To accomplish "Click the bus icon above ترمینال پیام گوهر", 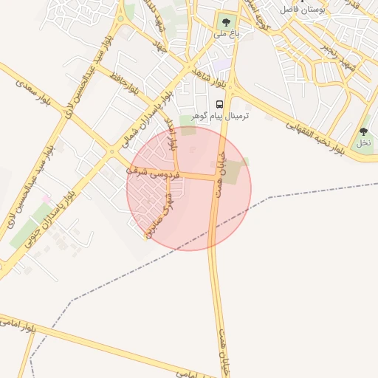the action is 219,104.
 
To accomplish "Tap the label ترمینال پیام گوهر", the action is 220,117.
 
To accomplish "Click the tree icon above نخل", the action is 363,131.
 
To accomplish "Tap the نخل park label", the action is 363,142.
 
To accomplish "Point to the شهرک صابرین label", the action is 160,213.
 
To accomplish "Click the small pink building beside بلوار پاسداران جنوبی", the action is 47,199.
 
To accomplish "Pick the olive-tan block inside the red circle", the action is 232,173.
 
